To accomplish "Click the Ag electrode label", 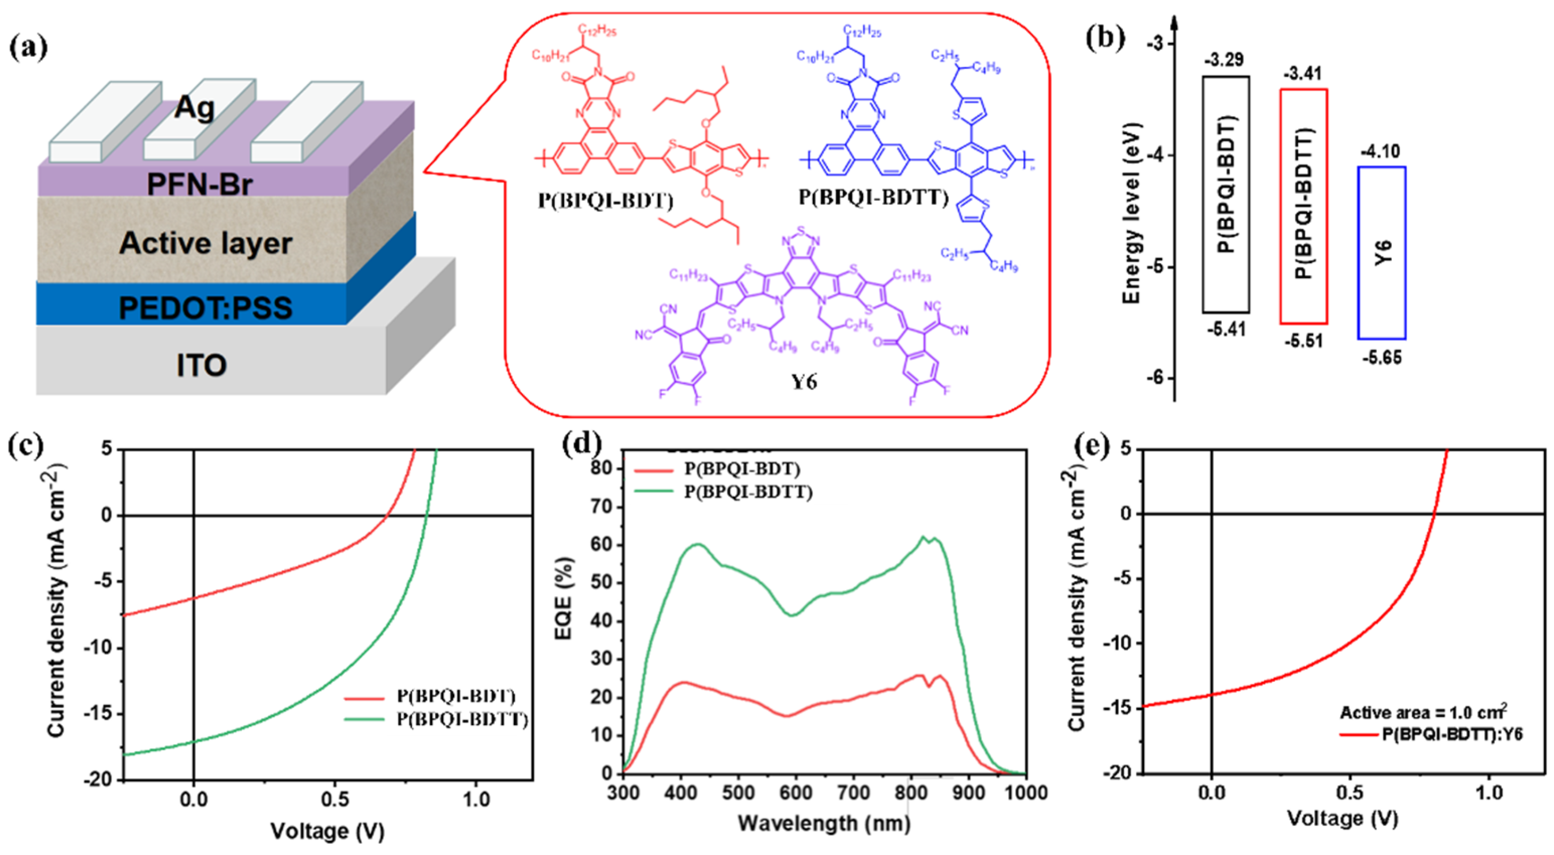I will tap(194, 108).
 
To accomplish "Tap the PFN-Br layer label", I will tap(200, 184).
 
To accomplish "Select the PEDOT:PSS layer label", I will tap(205, 308).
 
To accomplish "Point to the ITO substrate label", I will tap(202, 365).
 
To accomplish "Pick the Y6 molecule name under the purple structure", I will tap(804, 382).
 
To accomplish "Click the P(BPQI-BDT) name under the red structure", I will tap(605, 200).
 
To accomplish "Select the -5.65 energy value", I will tap(1382, 358).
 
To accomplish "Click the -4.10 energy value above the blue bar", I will tap(1380, 151).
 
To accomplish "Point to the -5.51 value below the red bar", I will tap(1304, 341).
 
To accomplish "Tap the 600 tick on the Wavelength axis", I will tap(796, 792).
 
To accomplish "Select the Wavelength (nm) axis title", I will tap(824, 823).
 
